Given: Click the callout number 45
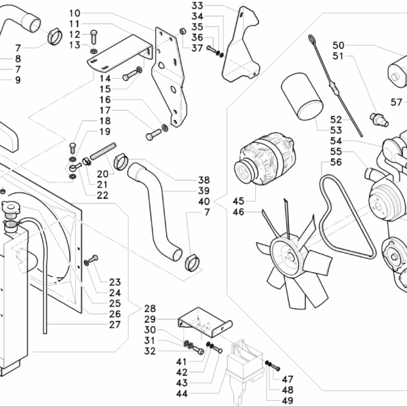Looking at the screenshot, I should tap(238, 201).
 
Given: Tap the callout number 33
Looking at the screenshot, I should tap(197, 6).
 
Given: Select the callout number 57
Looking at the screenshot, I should tap(397, 101).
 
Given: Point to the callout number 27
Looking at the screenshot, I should tap(114, 324).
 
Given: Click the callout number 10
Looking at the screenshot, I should tap(94, 14).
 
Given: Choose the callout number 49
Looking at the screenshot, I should tap(287, 401).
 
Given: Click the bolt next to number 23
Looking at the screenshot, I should tap(91, 260).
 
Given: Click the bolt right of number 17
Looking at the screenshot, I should tap(153, 136).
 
